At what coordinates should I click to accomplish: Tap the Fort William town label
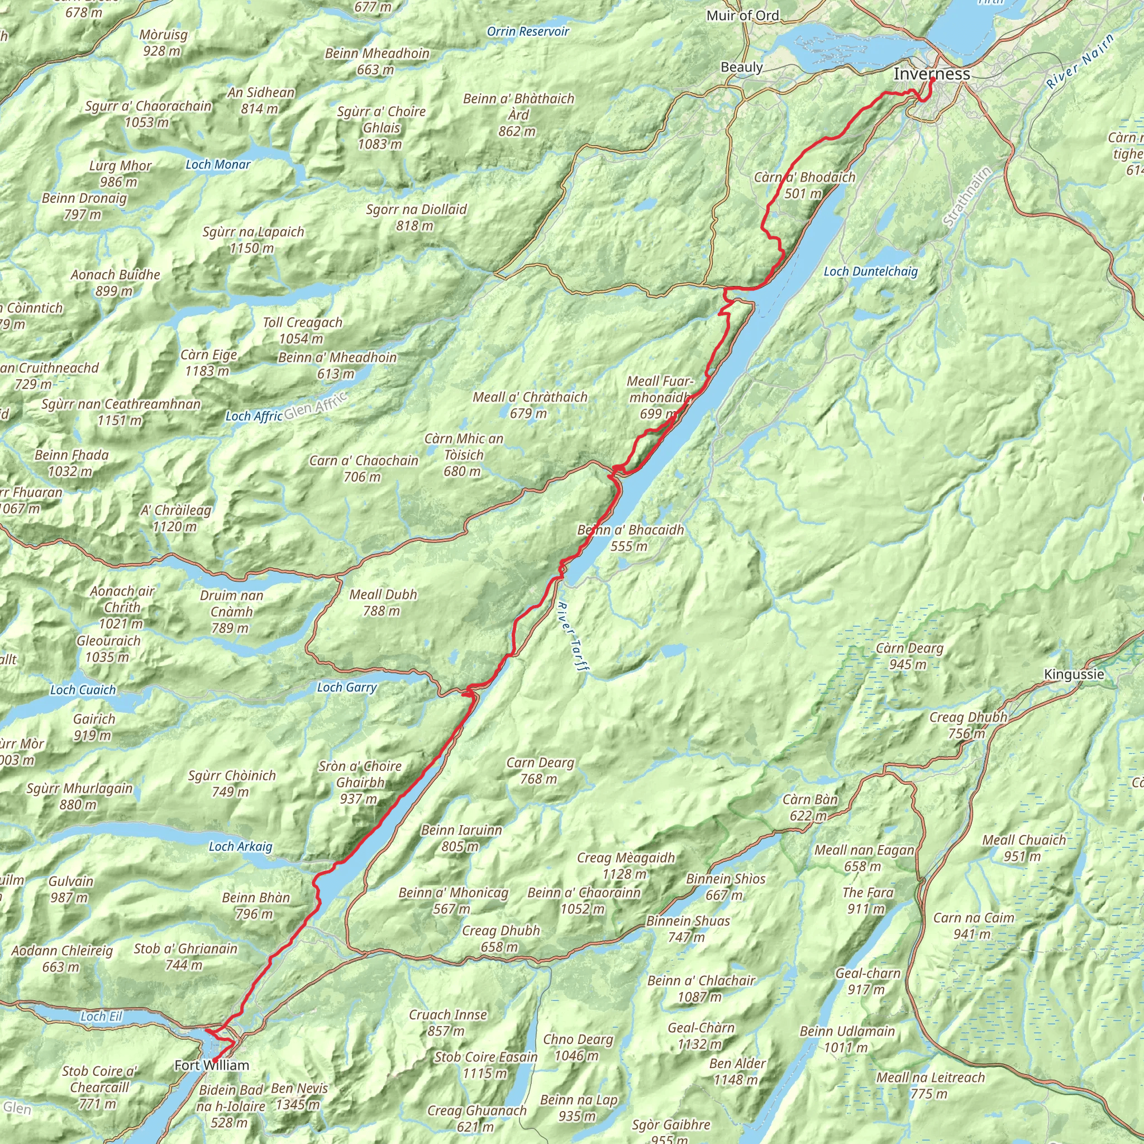point(211,1065)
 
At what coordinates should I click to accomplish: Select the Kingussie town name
point(1074,674)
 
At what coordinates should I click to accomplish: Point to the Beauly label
point(741,67)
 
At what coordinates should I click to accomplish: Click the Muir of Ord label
point(742,16)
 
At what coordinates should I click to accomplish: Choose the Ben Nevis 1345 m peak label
point(299,1096)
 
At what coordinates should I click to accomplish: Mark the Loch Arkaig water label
point(240,846)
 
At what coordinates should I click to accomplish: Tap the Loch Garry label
point(346,687)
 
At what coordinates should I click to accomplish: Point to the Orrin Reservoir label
point(527,31)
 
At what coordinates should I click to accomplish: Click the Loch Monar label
point(218,165)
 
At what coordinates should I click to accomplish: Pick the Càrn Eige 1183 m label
point(208,363)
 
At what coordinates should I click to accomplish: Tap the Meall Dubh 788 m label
point(383,602)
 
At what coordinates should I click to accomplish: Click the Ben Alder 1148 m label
point(737,1071)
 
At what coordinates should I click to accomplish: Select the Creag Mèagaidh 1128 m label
point(625,865)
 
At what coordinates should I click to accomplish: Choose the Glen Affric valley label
point(315,405)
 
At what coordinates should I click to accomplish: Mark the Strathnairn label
point(966,197)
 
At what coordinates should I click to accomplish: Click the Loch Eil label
point(101,1016)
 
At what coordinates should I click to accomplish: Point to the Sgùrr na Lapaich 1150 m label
point(253,240)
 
